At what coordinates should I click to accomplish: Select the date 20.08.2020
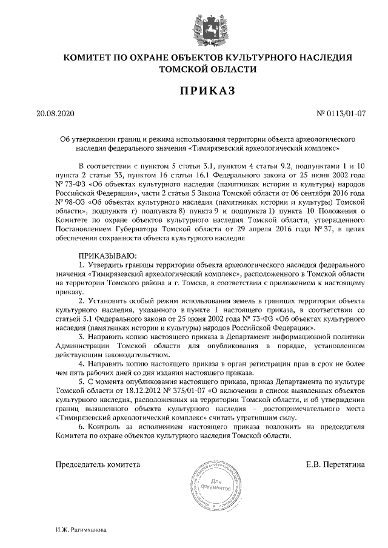[x=54, y=113]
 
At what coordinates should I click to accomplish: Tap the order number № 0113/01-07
[x=342, y=113]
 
